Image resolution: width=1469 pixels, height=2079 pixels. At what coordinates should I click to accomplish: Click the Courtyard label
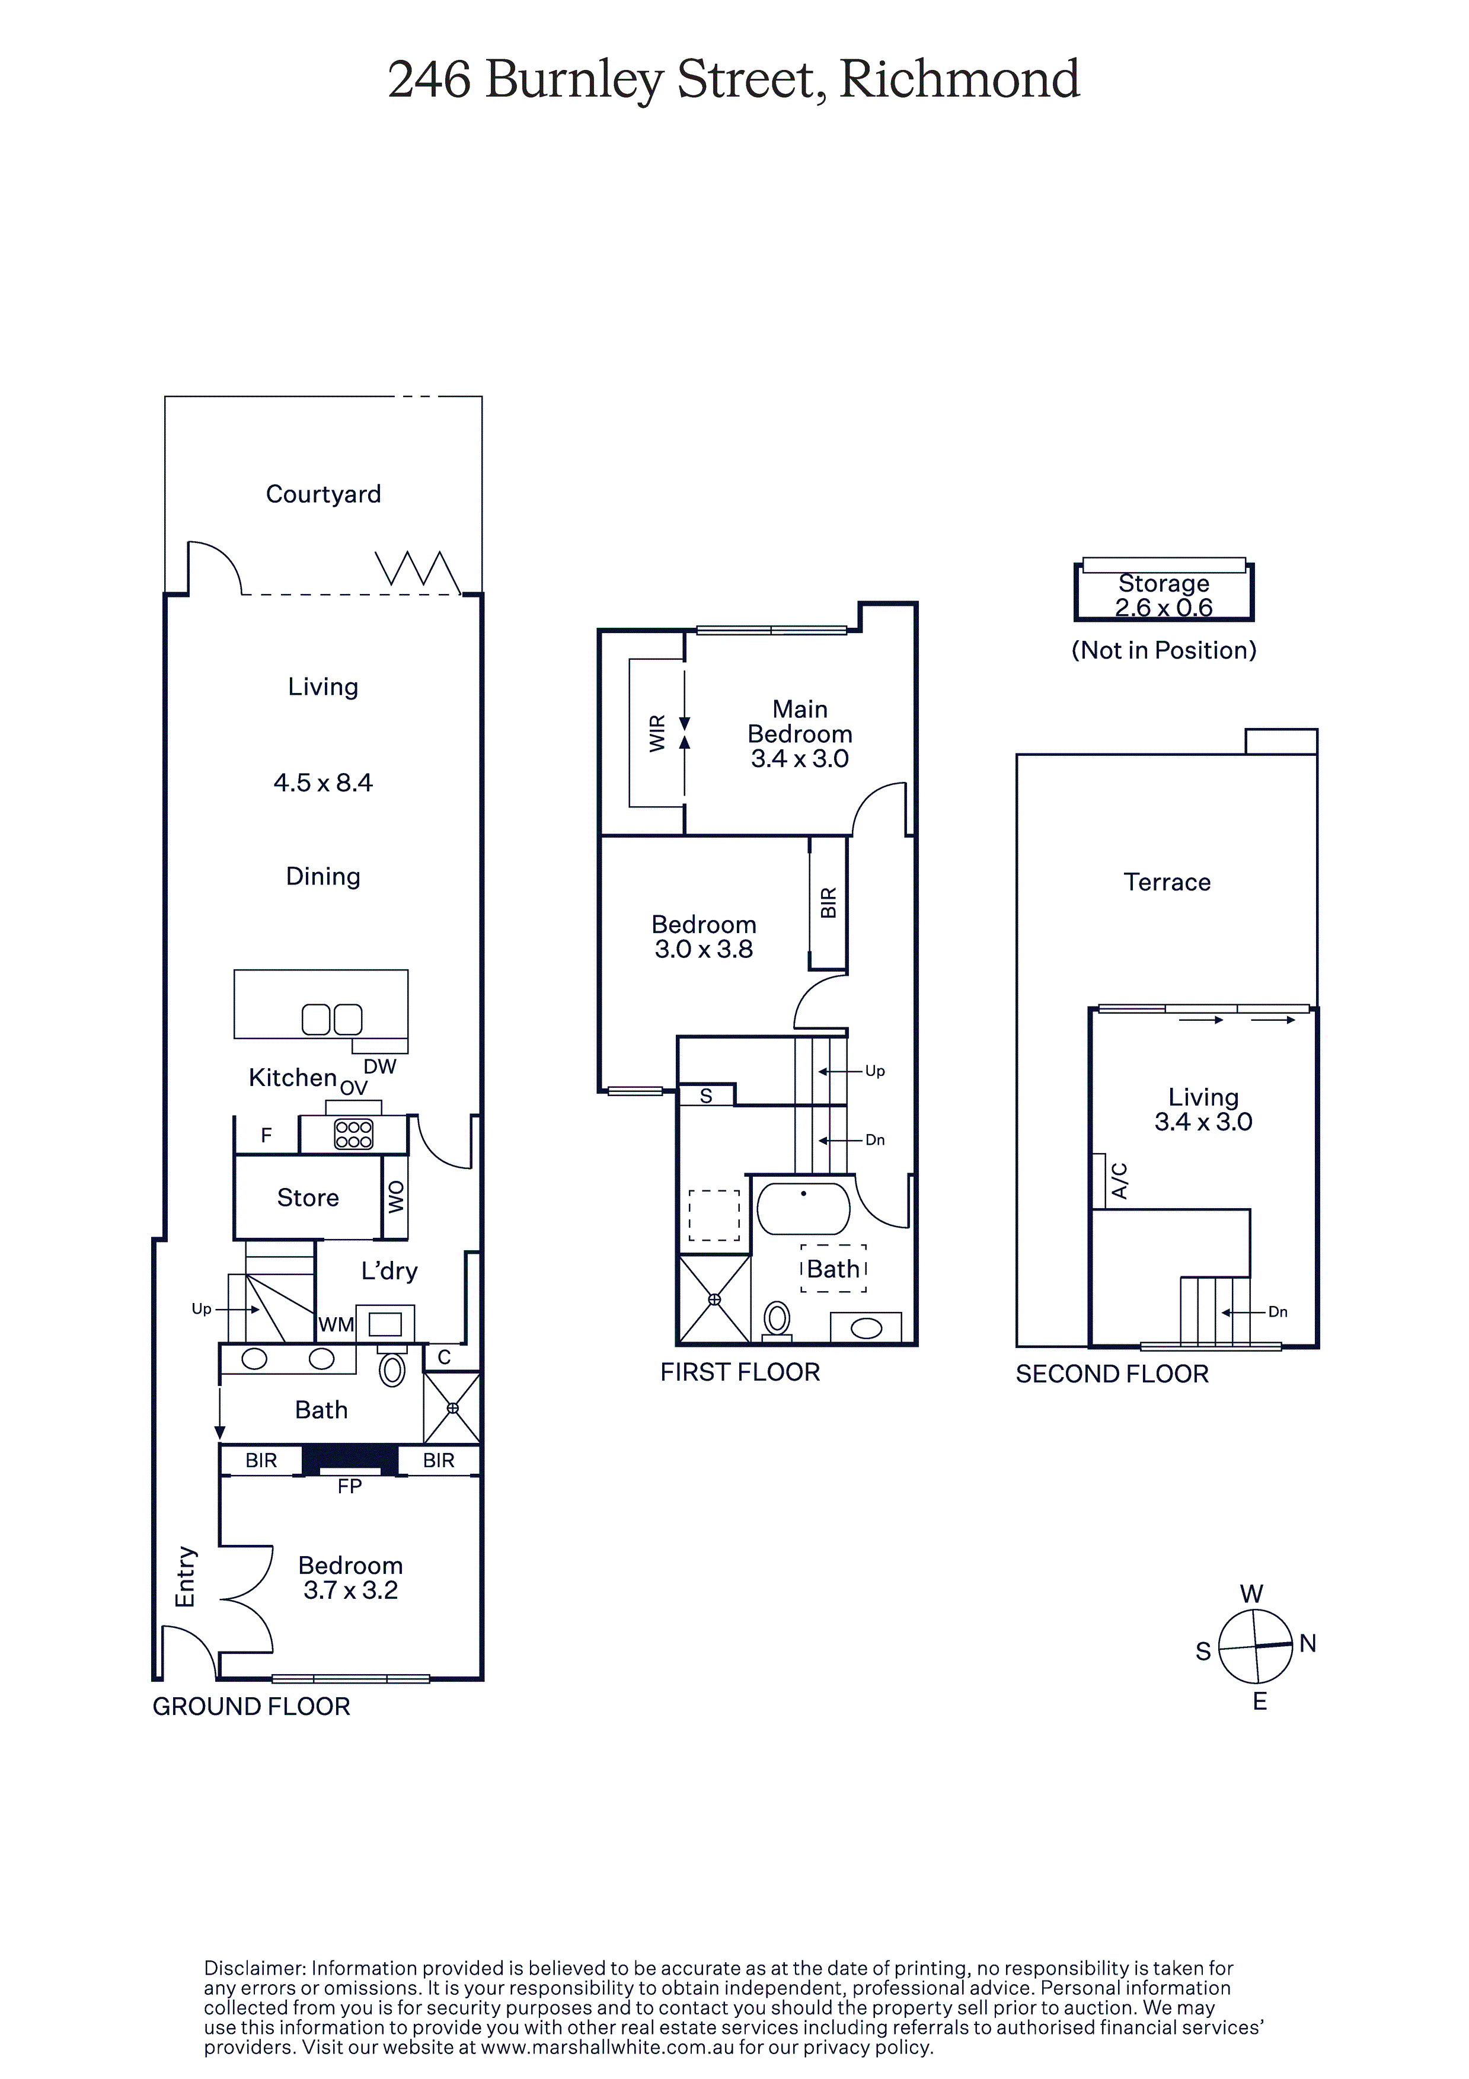tap(323, 494)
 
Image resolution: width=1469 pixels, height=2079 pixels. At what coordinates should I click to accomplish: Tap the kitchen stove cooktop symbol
tap(353, 1135)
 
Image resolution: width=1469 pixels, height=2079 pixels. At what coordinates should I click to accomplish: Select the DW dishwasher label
tap(381, 1066)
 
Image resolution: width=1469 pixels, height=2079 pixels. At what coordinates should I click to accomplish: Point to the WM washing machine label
tap(336, 1325)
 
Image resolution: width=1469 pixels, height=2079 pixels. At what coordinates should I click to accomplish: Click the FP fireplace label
tap(350, 1486)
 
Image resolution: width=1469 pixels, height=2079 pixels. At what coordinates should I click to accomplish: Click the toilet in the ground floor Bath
tap(392, 1368)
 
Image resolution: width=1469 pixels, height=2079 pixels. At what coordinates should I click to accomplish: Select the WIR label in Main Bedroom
tap(657, 733)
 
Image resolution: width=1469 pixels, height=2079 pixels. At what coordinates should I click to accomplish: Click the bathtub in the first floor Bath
tap(803, 1208)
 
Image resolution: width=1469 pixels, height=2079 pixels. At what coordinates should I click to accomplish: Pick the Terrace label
tap(1167, 882)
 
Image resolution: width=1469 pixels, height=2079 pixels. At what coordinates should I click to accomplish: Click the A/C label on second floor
tap(1119, 1181)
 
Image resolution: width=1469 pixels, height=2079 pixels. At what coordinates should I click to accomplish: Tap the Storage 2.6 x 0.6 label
tap(1164, 595)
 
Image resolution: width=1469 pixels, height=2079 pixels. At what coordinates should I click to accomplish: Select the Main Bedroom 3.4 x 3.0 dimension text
tap(800, 759)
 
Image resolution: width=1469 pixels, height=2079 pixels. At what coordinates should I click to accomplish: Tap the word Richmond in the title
tap(960, 79)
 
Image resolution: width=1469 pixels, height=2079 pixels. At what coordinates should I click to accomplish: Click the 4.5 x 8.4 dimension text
tap(323, 783)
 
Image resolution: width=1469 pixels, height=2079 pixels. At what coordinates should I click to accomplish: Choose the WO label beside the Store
tap(396, 1197)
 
